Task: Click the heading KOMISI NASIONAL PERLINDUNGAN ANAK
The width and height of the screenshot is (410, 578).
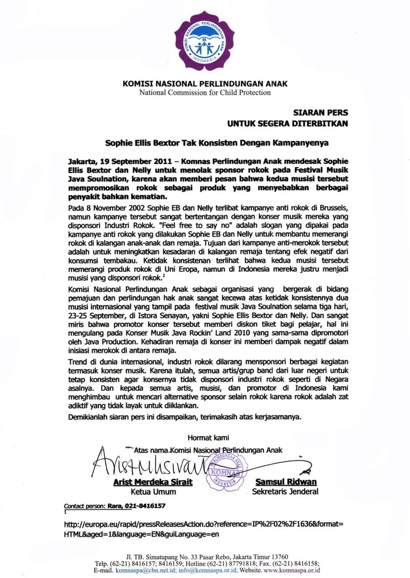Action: coord(205,84)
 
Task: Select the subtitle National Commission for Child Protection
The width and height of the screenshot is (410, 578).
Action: coord(205,93)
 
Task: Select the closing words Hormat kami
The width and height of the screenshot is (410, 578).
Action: coord(205,438)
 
